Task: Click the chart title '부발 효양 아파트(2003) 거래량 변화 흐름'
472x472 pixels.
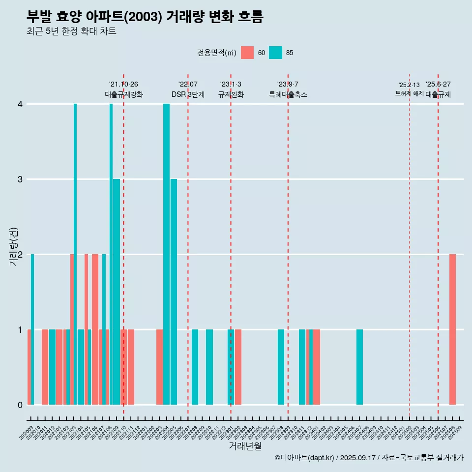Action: [145, 17]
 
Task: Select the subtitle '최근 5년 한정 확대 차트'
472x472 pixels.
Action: [72, 32]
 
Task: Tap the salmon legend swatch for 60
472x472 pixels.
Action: [247, 53]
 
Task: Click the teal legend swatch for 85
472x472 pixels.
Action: [275, 53]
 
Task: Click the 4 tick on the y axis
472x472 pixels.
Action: [20, 104]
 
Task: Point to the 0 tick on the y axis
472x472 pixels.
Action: [20, 405]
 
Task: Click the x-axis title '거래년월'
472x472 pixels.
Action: [245, 446]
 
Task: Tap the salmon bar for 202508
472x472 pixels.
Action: [452, 329]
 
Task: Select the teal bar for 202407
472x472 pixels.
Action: [359, 367]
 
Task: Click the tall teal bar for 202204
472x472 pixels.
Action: [166, 254]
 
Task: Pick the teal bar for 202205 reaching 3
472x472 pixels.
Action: [174, 292]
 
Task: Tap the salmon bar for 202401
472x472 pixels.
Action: [317, 367]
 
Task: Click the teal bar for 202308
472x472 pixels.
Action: [281, 367]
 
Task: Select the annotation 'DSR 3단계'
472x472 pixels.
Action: [188, 94]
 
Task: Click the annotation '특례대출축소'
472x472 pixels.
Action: [288, 94]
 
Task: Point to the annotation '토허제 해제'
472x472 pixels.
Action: [409, 93]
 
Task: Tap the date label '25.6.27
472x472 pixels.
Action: [438, 85]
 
